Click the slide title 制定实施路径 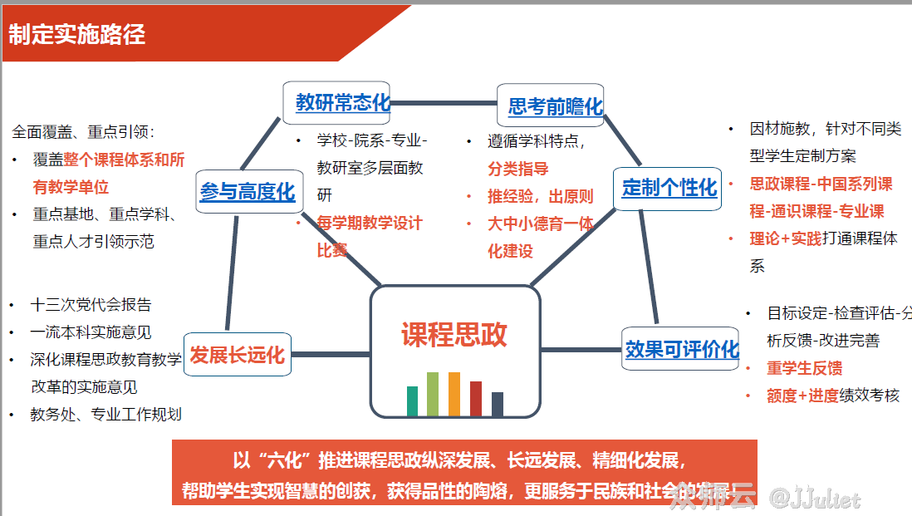[x=77, y=34]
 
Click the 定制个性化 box [x=668, y=187]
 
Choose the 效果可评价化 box [x=681, y=349]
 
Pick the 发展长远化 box [x=237, y=355]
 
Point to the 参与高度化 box [x=248, y=191]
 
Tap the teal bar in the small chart [x=412, y=401]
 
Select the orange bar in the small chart [x=454, y=394]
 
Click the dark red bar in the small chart [x=476, y=398]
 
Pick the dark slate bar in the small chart [x=498, y=404]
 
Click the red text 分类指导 [x=518, y=169]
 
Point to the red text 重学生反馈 [x=805, y=368]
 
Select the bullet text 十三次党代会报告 [x=91, y=305]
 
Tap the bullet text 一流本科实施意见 [x=91, y=332]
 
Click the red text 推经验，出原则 [x=541, y=196]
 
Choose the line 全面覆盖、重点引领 [x=83, y=132]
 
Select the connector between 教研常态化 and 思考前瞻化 [x=444, y=104]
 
